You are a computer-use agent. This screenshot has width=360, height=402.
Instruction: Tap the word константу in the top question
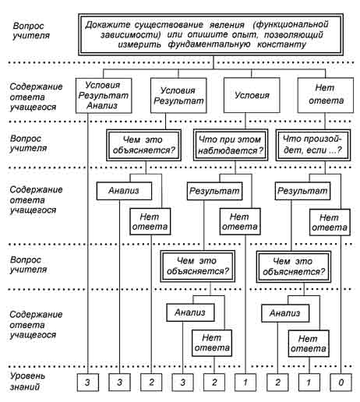(x=281, y=44)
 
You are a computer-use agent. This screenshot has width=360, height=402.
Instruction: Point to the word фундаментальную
(x=209, y=44)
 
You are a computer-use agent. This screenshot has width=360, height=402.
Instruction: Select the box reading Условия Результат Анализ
(x=104, y=96)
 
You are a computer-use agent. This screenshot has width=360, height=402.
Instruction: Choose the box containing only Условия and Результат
(x=178, y=96)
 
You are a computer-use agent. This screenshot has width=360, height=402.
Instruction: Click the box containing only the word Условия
(x=252, y=95)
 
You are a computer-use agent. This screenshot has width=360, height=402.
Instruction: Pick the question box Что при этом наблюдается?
(x=231, y=145)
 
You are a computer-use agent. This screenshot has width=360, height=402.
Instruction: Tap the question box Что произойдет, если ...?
(x=313, y=145)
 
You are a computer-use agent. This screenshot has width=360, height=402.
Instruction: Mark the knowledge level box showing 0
(x=341, y=383)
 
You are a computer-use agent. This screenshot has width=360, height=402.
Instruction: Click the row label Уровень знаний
(x=27, y=381)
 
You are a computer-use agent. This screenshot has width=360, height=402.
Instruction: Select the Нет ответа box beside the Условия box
(x=326, y=95)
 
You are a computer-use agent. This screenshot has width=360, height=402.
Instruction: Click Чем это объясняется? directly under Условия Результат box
(x=143, y=145)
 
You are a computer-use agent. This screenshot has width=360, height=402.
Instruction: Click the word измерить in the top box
(x=139, y=44)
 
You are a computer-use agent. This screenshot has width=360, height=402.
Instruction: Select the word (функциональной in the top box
(x=291, y=25)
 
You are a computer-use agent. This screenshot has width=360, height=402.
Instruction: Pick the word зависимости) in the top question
(x=131, y=34)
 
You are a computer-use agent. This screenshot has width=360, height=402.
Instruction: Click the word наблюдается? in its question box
(x=231, y=150)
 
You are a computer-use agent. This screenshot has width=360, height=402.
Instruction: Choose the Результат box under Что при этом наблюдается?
(x=215, y=191)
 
